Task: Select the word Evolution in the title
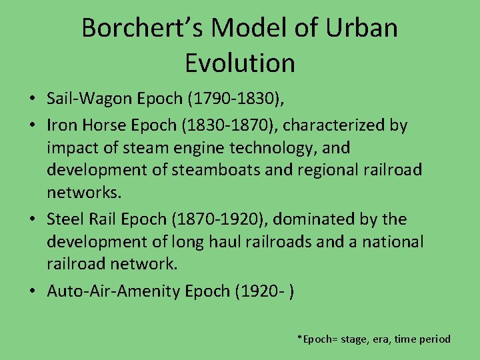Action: click(240, 63)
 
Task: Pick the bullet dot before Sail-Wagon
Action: click(32, 100)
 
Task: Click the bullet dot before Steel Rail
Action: click(32, 220)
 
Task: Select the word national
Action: click(390, 241)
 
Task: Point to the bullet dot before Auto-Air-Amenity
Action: click(32, 291)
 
